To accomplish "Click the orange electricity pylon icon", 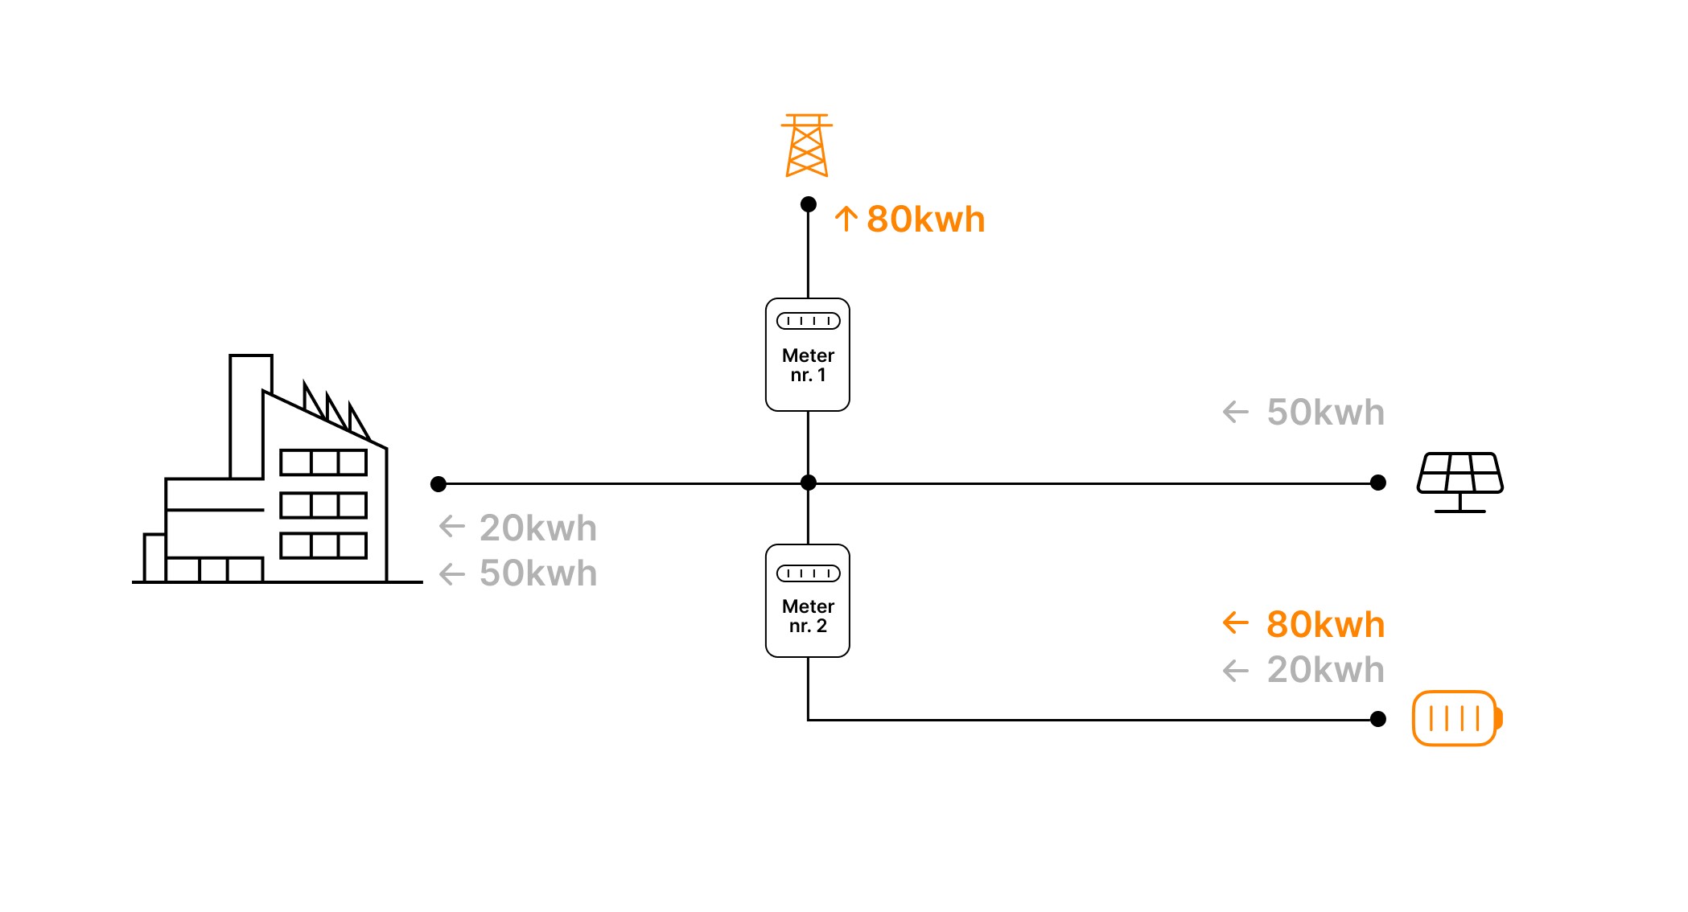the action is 807,146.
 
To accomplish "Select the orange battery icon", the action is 1457,718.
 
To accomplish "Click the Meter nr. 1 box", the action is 808,355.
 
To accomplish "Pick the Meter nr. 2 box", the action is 808,601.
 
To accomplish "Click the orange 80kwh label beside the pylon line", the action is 926,220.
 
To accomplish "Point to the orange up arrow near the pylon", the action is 846,219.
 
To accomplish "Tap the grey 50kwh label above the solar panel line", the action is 1326,413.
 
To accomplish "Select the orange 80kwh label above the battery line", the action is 1326,625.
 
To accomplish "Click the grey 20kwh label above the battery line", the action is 1326,670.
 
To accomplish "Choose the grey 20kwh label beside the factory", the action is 538,528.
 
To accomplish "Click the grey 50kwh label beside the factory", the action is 538,573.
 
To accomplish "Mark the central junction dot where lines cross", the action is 809,483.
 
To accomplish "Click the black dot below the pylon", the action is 809,204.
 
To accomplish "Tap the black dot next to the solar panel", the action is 1378,483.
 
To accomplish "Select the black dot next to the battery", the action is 1378,719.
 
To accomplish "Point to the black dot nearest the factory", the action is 438,484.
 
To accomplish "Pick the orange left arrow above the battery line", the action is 1235,622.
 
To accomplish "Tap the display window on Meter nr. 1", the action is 808,321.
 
